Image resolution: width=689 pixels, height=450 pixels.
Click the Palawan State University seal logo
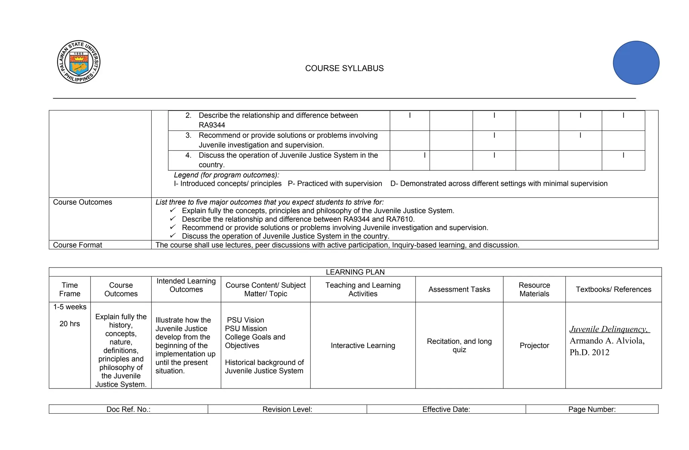[x=79, y=62]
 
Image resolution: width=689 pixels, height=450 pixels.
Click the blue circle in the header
[x=636, y=63]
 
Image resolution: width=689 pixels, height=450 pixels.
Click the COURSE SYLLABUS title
[x=344, y=68]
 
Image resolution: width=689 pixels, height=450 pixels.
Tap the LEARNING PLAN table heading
[x=355, y=272]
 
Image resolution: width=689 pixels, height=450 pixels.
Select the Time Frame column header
[x=70, y=289]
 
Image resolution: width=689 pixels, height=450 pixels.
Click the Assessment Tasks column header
[x=459, y=289]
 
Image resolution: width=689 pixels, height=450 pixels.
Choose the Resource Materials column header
[x=534, y=289]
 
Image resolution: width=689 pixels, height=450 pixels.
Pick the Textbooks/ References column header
[x=613, y=289]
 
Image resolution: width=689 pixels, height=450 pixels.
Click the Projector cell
[x=534, y=345]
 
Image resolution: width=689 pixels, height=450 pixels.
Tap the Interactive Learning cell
[x=363, y=345]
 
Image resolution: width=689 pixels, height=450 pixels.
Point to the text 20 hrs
[x=70, y=324]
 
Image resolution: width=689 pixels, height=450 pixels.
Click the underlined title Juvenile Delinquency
[x=609, y=329]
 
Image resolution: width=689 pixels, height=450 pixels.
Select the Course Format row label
[x=77, y=245]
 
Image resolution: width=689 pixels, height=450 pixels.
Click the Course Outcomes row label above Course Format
[x=82, y=202]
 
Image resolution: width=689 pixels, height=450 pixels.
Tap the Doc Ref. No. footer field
[x=128, y=409]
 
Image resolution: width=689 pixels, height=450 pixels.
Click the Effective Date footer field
[x=446, y=409]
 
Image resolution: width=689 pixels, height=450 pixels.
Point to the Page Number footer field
[x=592, y=409]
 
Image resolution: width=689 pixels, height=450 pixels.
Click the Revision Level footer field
[x=287, y=409]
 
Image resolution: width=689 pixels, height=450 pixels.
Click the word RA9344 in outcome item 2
[x=212, y=125]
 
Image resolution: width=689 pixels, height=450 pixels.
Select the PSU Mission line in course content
[x=246, y=329]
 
